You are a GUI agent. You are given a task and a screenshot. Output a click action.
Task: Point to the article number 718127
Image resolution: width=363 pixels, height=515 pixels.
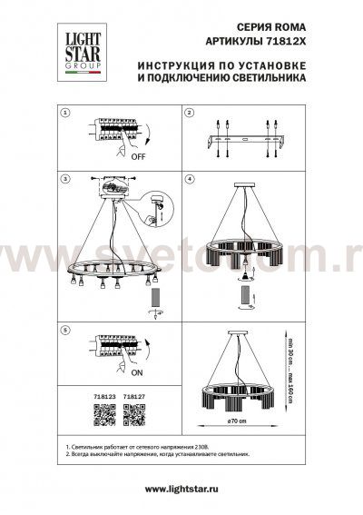(x=135, y=397)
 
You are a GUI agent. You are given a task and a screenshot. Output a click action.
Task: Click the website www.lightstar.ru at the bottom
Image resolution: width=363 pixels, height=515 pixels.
(x=181, y=490)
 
